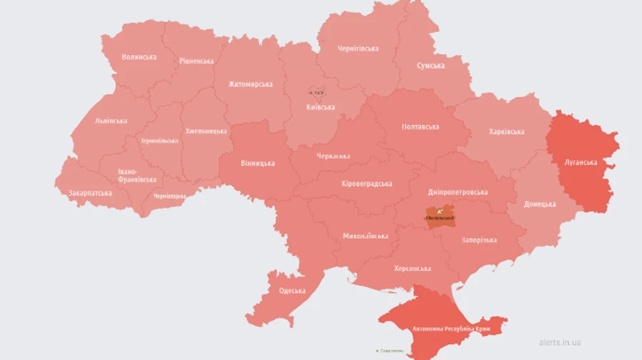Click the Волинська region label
pyautogui.click(x=139, y=57)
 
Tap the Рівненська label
pyautogui.click(x=196, y=61)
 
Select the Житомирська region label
pyautogui.click(x=250, y=84)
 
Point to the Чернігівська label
pyautogui.click(x=358, y=48)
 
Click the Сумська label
pyautogui.click(x=431, y=66)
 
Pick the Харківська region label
pyautogui.click(x=506, y=132)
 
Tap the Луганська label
pyautogui.click(x=581, y=163)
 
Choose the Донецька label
pyautogui.click(x=540, y=205)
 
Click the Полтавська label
pyautogui.click(x=421, y=127)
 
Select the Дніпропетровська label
pyautogui.click(x=458, y=192)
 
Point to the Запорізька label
pyautogui.click(x=479, y=240)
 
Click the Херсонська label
pyautogui.click(x=412, y=269)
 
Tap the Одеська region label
pyautogui.click(x=292, y=291)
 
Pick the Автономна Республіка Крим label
pyautogui.click(x=452, y=329)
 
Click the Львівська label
pyautogui.click(x=111, y=121)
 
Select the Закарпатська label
pyautogui.click(x=90, y=193)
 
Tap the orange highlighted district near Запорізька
pyautogui.click(x=439, y=217)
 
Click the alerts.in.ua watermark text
pyautogui.click(x=560, y=342)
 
